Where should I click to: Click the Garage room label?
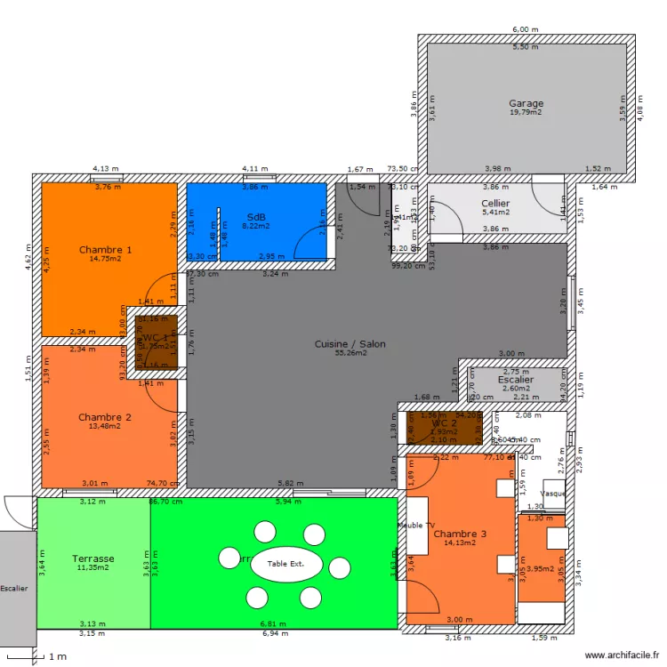526,103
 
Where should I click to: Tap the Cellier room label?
495,204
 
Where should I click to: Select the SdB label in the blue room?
256,217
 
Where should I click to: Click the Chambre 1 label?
105,250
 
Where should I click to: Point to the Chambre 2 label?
105,417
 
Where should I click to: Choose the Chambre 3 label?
460,534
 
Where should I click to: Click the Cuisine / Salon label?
350,343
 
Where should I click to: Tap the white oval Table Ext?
285,564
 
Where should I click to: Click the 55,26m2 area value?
350,353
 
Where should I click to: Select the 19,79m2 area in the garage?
526,113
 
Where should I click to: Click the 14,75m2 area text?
105,259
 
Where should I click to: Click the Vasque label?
553,494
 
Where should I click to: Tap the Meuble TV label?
415,526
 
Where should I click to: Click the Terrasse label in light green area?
92,559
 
